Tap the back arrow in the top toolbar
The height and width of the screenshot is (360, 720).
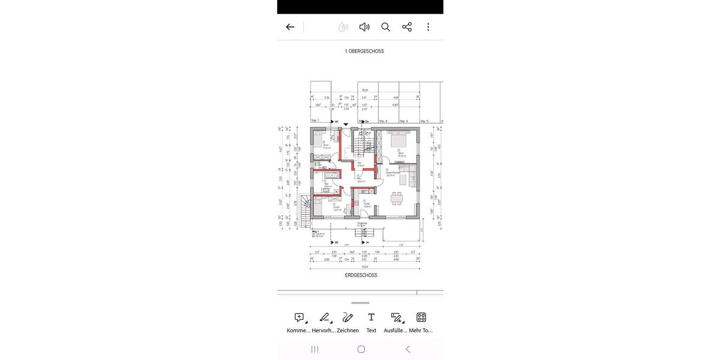[290, 27]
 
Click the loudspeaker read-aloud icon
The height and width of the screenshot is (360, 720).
[364, 27]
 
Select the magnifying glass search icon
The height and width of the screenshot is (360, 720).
[386, 27]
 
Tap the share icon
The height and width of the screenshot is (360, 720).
[407, 27]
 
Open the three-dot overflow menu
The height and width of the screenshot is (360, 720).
[428, 27]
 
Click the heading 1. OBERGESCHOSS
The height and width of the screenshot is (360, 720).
[364, 52]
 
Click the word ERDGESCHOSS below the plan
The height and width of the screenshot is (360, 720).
[361, 275]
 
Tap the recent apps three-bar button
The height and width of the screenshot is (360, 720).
[314, 349]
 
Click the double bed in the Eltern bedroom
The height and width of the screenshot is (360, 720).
[398, 142]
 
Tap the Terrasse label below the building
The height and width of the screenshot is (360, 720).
[362, 224]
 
